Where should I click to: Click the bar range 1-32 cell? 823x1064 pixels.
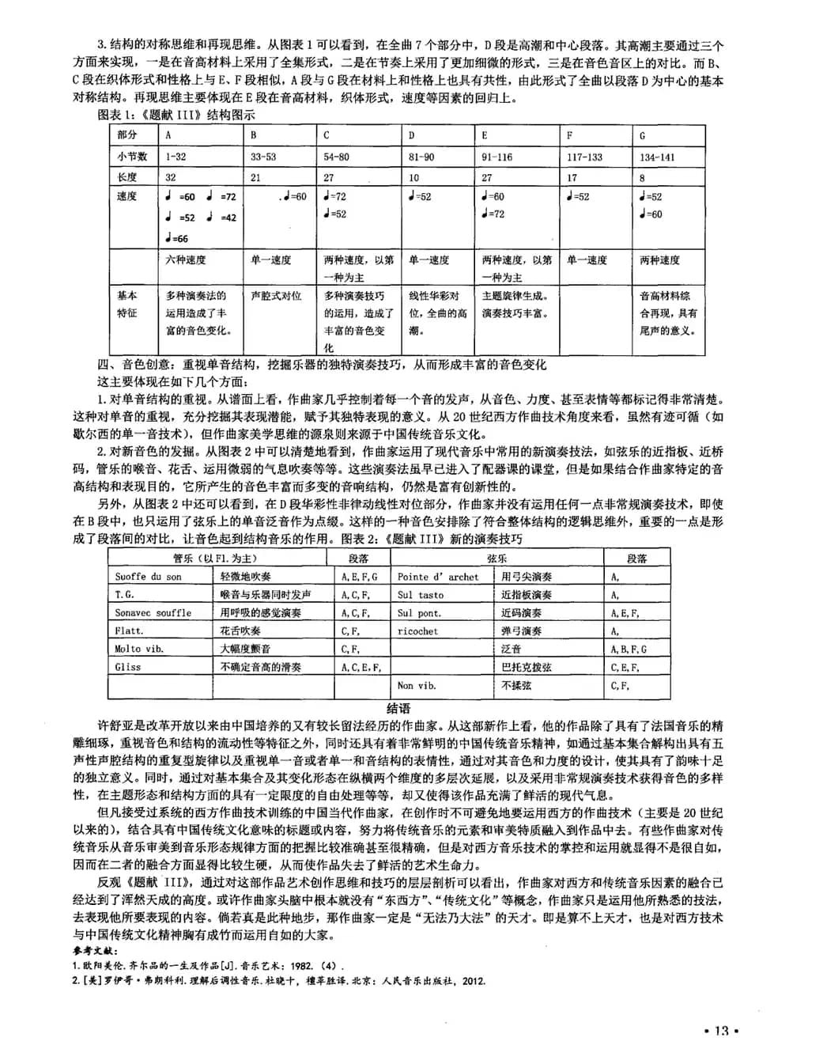pos(176,157)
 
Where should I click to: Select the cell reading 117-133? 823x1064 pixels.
pos(584,157)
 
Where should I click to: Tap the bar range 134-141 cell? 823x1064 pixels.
pos(658,157)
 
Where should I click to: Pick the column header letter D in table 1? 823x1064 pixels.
pos(412,135)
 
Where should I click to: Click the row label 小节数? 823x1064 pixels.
pos(132,157)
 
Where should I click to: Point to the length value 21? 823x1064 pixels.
pos(255,177)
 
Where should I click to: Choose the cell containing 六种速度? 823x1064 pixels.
pos(186,259)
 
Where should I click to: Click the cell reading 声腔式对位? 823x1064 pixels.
pos(276,295)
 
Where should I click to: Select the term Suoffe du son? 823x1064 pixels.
pos(149,577)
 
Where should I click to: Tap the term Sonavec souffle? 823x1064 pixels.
pos(153,613)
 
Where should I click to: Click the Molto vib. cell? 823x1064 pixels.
pos(139,649)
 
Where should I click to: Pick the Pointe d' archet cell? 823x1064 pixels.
pos(438,577)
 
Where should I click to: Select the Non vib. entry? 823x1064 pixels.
pos(417,686)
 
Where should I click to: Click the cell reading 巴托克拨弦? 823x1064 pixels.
pos(527,667)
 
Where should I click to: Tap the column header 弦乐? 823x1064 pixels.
pos(497,559)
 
